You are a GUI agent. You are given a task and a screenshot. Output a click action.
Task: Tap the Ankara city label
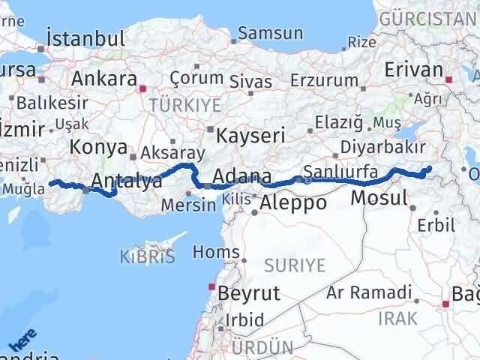pos(104,79)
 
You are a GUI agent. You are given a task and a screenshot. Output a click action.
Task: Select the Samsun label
pos(270,33)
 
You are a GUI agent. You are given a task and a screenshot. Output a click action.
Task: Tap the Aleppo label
pos(294,202)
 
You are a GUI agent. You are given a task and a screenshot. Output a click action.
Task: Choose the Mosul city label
pos(377,199)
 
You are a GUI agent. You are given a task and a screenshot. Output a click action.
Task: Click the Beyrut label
pos(248,292)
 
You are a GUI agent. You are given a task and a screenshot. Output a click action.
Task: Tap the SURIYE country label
pos(295,265)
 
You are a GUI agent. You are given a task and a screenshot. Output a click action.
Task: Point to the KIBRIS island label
pos(147,257)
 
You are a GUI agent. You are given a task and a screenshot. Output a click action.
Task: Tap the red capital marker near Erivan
pos(449,78)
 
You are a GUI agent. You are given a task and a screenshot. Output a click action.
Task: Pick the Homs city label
pos(217,251)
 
